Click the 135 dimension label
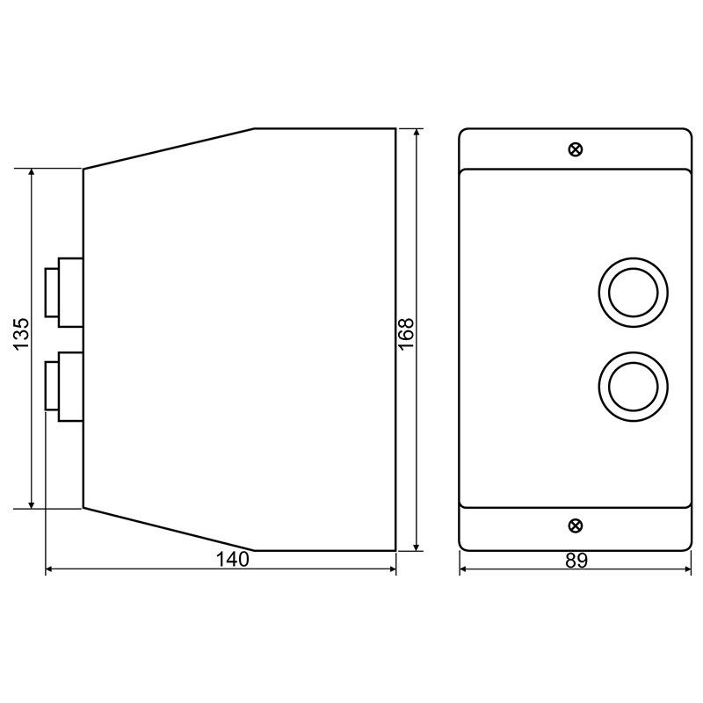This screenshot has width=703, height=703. tap(21, 334)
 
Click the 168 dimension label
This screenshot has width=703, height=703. tap(406, 334)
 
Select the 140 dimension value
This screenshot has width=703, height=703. tap(233, 559)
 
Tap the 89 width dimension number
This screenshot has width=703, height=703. tap(576, 561)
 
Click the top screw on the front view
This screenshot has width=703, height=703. tap(576, 149)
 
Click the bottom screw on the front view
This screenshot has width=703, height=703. tap(576, 525)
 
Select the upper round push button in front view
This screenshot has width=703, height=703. tap(633, 293)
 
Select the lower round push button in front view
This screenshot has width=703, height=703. tap(633, 387)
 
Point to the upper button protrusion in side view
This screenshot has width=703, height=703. tap(64, 293)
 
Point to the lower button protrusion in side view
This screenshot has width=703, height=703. tap(64, 387)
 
